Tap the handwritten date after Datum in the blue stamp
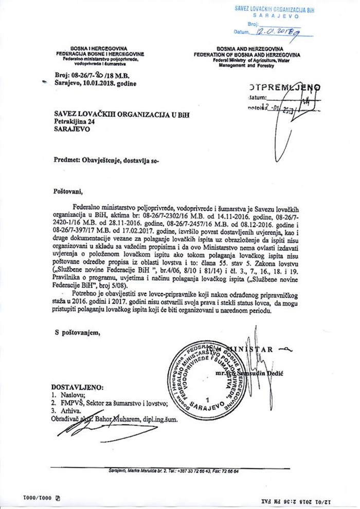[x=276, y=32]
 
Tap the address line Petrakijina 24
[x=78, y=122]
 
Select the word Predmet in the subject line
[x=67, y=160]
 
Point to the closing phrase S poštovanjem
[x=78, y=332]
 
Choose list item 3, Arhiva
[x=70, y=411]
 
